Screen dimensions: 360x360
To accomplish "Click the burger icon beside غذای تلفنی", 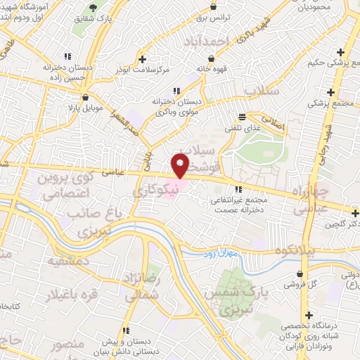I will click(x=243, y=117).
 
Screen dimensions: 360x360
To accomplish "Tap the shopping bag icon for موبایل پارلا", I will click(x=85, y=98).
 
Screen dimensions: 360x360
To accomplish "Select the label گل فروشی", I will click(x=299, y=285).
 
